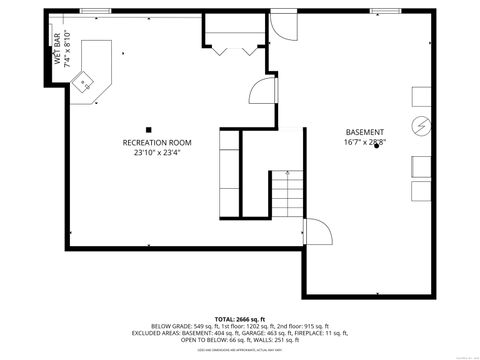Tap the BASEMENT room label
coord(364,132)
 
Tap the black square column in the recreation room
coord(148,127)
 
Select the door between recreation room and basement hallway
coord(260,92)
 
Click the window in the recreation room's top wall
coord(96,12)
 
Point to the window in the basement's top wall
coord(385,12)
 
